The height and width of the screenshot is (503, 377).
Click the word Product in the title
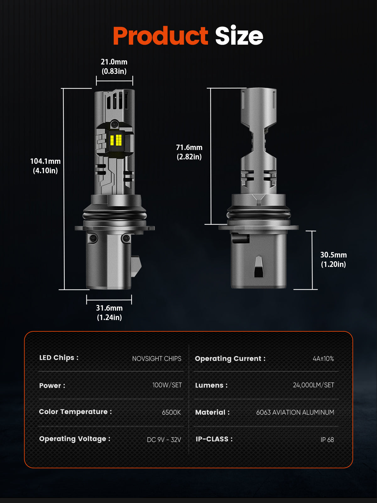tap(160, 36)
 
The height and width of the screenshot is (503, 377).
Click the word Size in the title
tap(239, 36)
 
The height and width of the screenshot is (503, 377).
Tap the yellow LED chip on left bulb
tap(116, 140)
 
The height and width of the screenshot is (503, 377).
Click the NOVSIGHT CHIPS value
tap(156, 359)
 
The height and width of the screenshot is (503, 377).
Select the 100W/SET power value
tap(167, 385)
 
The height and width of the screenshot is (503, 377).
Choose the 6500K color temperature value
tap(171, 412)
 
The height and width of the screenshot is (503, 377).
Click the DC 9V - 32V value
tap(164, 439)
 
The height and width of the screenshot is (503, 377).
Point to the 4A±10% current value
tap(323, 359)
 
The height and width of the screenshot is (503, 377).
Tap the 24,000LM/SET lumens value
tap(313, 385)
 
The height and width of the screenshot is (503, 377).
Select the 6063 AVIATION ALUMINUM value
tap(295, 412)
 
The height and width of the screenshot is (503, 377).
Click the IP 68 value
tap(327, 439)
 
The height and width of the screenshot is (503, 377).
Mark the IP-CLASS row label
tap(214, 439)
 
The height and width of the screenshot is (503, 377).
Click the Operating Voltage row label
tap(74, 439)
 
